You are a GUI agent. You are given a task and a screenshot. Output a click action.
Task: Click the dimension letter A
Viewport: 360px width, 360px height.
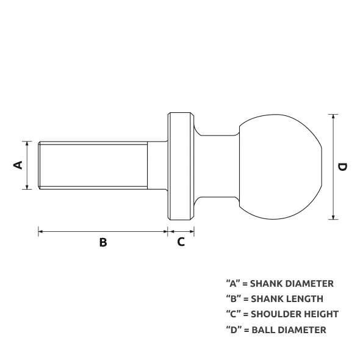point(18,165)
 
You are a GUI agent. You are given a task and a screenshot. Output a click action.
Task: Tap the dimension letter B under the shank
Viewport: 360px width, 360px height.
point(103,242)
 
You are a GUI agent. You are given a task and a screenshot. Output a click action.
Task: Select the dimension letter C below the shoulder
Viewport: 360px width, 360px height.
point(181,242)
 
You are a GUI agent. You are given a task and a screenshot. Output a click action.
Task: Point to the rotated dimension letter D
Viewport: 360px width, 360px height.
point(342,167)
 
